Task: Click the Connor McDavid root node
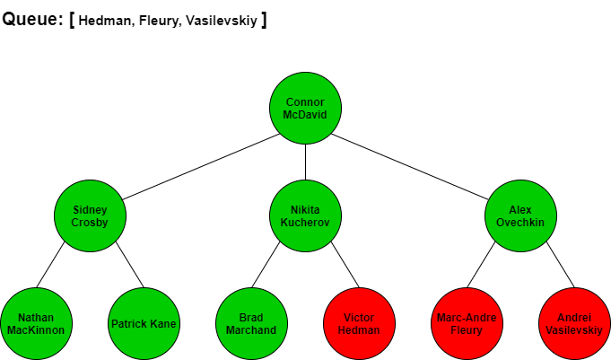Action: point(305,108)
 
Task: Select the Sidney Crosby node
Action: point(90,215)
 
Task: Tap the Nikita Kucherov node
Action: point(305,215)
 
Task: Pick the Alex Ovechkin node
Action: point(520,215)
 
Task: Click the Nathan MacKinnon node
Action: point(36,324)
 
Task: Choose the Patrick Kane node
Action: point(144,324)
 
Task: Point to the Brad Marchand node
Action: point(252,324)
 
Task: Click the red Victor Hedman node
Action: point(359,324)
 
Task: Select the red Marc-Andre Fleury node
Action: point(467,324)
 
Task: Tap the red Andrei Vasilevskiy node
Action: point(574,324)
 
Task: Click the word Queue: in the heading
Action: point(32,19)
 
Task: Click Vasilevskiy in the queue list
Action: point(222,21)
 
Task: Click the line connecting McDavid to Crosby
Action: point(201,167)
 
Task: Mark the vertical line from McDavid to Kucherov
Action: point(305,162)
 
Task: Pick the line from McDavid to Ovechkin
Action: point(409,167)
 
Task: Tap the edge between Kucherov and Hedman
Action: point(345,265)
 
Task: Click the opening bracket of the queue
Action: point(72,20)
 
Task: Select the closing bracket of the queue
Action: point(264,20)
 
